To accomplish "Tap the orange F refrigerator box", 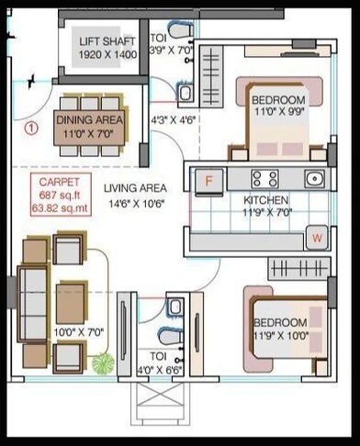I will [x=208, y=181].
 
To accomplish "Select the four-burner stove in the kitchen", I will [x=264, y=179].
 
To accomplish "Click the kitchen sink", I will [x=314, y=179].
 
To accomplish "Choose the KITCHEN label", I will [x=266, y=201].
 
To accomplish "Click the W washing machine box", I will [x=317, y=239].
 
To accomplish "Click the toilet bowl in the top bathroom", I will [x=185, y=93].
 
